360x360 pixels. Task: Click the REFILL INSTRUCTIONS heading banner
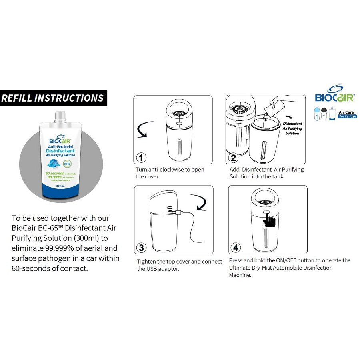(x=53, y=98)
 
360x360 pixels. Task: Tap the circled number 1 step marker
(x=141, y=157)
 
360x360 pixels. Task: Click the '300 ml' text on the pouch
(x=61, y=186)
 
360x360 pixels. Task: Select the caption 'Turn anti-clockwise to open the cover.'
(x=170, y=173)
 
